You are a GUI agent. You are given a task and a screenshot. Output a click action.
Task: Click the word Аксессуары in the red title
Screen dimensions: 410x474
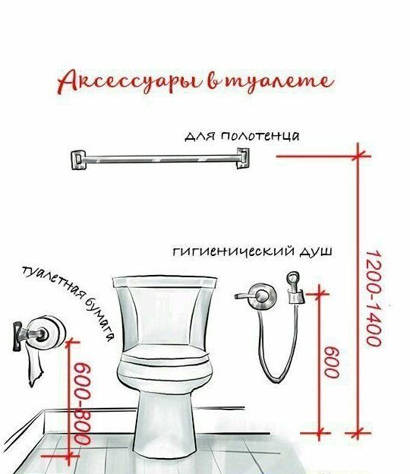[x=128, y=82]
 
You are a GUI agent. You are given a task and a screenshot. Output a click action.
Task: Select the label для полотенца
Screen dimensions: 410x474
[x=242, y=136]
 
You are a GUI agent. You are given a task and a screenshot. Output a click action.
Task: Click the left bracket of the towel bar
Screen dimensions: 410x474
[x=78, y=160]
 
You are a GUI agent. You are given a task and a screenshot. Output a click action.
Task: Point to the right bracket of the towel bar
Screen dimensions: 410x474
[x=243, y=158]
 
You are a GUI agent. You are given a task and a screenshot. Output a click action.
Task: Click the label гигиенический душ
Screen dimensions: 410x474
[x=253, y=251]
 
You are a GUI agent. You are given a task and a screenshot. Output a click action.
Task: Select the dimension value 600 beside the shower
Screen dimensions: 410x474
[x=332, y=362]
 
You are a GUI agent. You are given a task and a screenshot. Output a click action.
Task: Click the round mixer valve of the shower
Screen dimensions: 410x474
[x=262, y=296]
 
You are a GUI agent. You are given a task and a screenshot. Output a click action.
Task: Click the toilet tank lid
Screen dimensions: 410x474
[x=165, y=281]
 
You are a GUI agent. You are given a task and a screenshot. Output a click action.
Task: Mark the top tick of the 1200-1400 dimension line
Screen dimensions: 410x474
[x=358, y=156]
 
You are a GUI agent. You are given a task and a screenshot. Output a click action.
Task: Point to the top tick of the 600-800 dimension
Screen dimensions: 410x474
[x=70, y=342]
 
